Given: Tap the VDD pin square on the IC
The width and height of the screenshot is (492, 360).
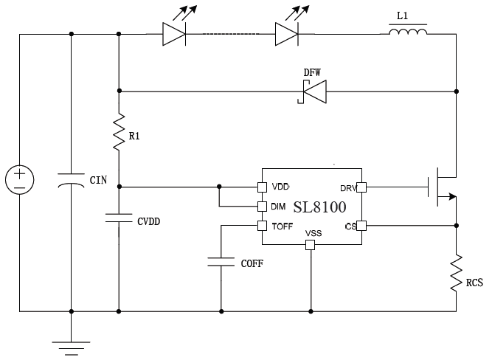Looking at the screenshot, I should pos(261,187).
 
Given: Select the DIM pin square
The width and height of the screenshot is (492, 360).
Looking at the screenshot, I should pos(261,206).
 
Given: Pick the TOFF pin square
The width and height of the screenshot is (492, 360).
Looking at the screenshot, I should pos(261,225).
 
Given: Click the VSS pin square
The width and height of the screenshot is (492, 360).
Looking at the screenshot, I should pos(311,244).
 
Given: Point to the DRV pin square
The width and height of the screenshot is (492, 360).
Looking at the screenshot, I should pos(361,187).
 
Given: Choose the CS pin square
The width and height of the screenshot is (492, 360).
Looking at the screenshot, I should pos(361,225).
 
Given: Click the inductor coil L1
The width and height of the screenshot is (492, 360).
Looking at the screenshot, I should pos(408,33).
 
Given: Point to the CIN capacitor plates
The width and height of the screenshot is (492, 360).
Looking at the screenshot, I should pos(71,180).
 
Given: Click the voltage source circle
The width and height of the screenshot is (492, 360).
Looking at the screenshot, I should pos(20,180).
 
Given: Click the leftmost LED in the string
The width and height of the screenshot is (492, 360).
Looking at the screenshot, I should pos(174,34).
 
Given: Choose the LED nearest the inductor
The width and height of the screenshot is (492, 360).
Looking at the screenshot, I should pos(286,34).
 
